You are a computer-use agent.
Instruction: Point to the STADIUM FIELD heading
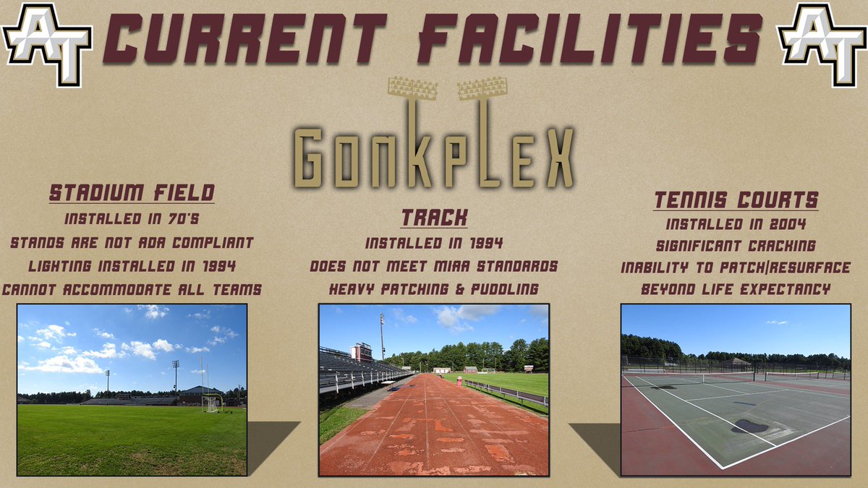click(x=132, y=194)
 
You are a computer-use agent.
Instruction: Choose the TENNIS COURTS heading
click(x=736, y=200)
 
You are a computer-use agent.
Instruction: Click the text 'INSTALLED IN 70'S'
click(x=132, y=218)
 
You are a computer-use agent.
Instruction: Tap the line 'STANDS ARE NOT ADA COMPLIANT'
click(x=132, y=241)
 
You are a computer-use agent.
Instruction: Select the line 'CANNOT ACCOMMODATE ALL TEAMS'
click(x=132, y=289)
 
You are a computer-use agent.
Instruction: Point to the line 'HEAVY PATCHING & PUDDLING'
click(x=434, y=289)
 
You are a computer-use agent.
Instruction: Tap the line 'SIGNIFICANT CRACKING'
click(x=736, y=246)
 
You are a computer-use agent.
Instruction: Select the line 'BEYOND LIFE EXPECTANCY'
click(x=736, y=290)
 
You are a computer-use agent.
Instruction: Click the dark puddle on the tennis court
click(x=750, y=426)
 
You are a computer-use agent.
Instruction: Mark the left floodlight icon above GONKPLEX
click(x=412, y=90)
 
